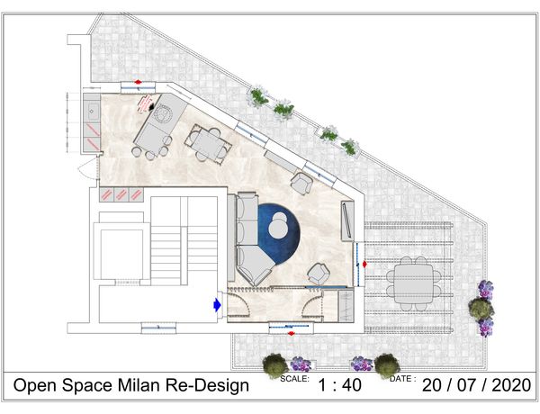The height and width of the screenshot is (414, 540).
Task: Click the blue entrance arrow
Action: [x=217, y=304]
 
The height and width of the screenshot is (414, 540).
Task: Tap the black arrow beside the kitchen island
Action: [x=151, y=107]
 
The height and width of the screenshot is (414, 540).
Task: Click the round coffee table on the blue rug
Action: [x=279, y=228]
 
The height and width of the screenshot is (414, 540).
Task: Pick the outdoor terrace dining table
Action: [x=414, y=283]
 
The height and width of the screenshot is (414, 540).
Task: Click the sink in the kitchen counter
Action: [x=93, y=111]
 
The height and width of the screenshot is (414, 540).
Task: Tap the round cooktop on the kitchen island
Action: [x=161, y=113]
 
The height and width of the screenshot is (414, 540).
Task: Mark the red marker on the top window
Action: [x=138, y=82]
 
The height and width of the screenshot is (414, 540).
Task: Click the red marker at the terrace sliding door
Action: [x=364, y=265]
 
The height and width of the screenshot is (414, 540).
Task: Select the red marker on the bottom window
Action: [x=292, y=333]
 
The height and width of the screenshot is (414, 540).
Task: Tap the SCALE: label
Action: [x=295, y=379]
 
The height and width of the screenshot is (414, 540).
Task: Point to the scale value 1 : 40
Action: [x=339, y=385]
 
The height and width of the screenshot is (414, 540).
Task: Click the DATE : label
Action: [x=403, y=379]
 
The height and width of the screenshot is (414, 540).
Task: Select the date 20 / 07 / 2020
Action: [x=477, y=385]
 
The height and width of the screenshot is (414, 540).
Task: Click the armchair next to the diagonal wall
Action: [x=301, y=183]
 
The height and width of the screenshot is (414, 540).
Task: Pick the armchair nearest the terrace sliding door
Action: [x=319, y=274]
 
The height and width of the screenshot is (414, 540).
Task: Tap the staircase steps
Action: [x=184, y=241]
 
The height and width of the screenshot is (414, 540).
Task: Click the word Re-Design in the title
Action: [x=208, y=386]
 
